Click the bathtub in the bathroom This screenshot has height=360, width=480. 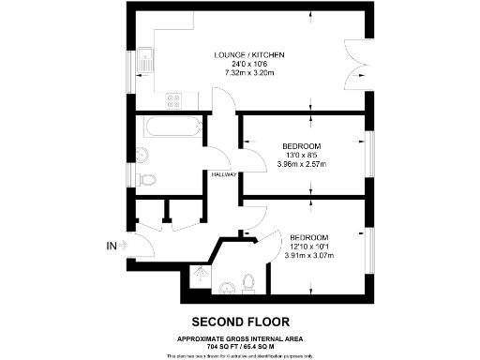click(x=170, y=127)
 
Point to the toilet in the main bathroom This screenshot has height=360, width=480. click(x=146, y=180)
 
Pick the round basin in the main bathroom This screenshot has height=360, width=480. click(x=143, y=153)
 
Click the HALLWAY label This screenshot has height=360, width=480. click(x=223, y=174)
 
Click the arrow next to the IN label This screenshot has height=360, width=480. click(x=128, y=247)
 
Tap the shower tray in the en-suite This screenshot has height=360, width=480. click(x=199, y=276)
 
